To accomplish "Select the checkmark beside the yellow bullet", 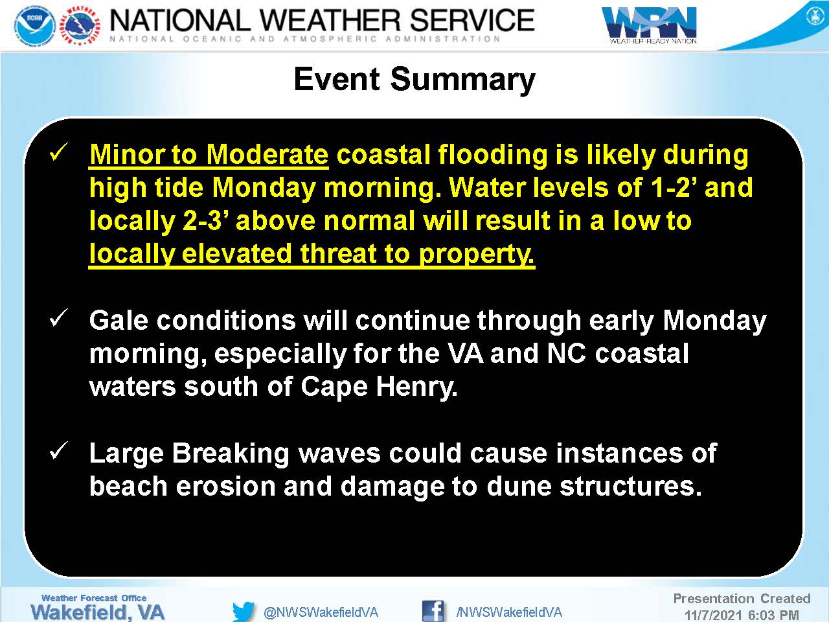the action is coord(58,152).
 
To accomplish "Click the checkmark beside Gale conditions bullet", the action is coord(58,317).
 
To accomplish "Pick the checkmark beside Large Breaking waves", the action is coord(58,450).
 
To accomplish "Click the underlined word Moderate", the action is coord(267,155).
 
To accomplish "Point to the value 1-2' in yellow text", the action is coord(672,187).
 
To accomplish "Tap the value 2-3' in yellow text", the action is coord(205,220).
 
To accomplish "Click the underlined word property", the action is coord(477,255).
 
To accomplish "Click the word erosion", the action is coord(225,487).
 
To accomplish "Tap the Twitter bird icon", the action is coord(244,612).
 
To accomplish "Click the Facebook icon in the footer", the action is coord(433,611).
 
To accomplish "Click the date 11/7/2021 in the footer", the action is coord(714,616).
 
